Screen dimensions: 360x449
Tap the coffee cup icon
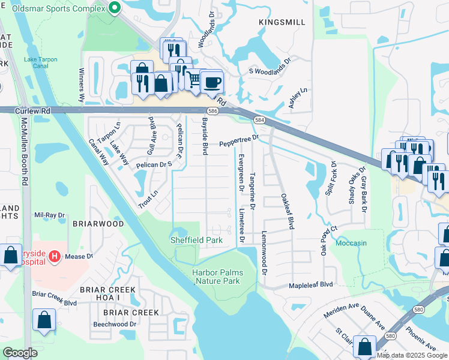click(x=211, y=82)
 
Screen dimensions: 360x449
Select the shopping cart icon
click(x=194, y=79)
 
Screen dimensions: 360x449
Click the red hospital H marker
click(x=55, y=256)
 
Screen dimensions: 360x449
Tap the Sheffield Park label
click(x=195, y=240)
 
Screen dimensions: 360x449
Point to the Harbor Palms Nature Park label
click(x=216, y=277)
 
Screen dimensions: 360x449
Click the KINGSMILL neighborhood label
click(x=282, y=22)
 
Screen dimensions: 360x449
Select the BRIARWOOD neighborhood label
click(x=98, y=224)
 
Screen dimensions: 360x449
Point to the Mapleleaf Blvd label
click(x=311, y=285)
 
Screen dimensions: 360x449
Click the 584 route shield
click(x=259, y=120)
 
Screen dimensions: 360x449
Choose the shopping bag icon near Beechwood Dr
click(x=45, y=319)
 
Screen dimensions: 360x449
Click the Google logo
click(x=20, y=353)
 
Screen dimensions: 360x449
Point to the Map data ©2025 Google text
click(x=411, y=355)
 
